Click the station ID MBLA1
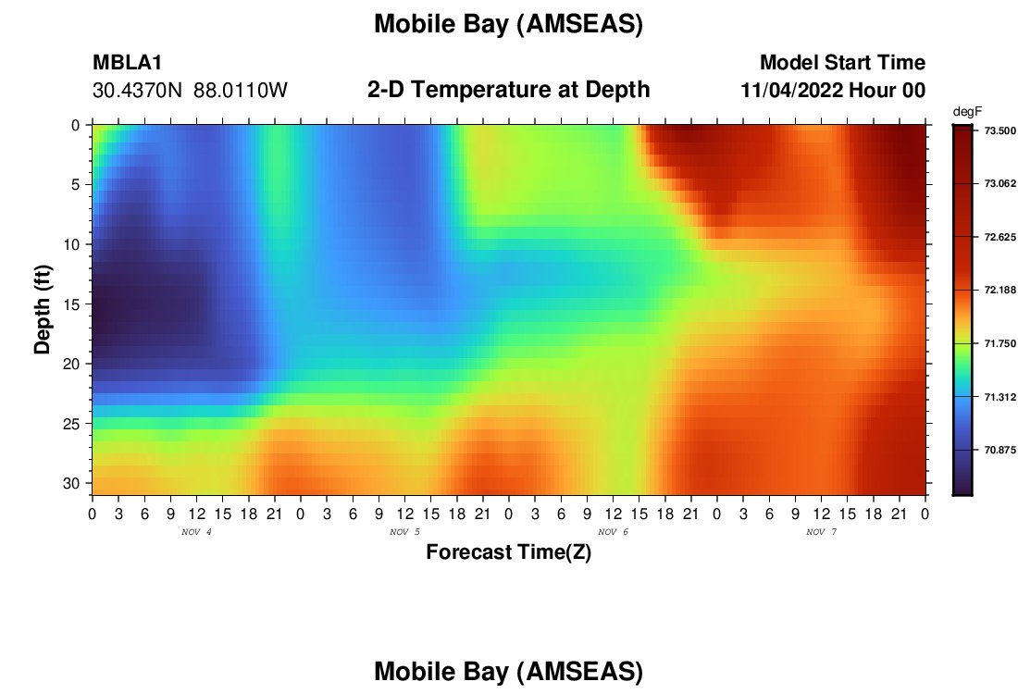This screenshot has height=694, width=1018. click(x=128, y=62)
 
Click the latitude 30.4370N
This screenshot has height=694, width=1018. click(x=137, y=91)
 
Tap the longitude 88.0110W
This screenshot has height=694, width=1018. click(x=241, y=91)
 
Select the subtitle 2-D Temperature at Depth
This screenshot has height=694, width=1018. click(x=508, y=90)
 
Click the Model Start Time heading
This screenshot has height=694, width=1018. click(x=843, y=62)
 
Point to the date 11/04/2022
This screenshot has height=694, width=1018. click(x=792, y=91)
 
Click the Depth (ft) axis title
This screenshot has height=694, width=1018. click(x=43, y=309)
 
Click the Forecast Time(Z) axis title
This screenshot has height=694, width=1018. click(x=508, y=551)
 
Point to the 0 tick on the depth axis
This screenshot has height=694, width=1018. click(x=76, y=125)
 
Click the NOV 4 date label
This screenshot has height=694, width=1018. click(x=196, y=532)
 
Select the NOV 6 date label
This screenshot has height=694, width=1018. click(x=613, y=532)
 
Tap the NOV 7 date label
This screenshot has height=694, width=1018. click(x=821, y=532)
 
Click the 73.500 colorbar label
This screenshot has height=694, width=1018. click(x=999, y=130)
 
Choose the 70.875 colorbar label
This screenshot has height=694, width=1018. click(x=999, y=450)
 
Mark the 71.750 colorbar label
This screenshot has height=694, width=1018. click(x=999, y=343)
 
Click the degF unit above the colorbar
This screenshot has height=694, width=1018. click(x=967, y=112)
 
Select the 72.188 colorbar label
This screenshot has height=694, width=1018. click(x=999, y=291)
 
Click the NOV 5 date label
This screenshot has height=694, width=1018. click(x=404, y=532)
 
